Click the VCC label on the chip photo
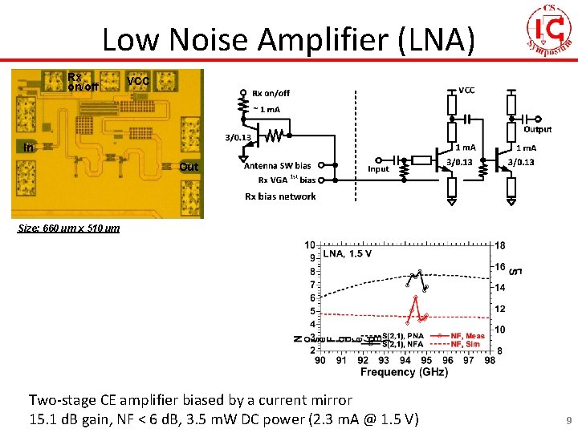pyautogui.click(x=138, y=82)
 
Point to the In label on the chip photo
pyautogui.click(x=29, y=148)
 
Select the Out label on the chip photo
pyautogui.click(x=189, y=167)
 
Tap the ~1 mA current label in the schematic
pyautogui.click(x=267, y=109)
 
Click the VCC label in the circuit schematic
pyautogui.click(x=466, y=91)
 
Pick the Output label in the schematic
pyautogui.click(x=538, y=129)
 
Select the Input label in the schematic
pyautogui.click(x=378, y=169)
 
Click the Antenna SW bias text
pyautogui.click(x=277, y=166)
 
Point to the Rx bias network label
pyautogui.click(x=280, y=196)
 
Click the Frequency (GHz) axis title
pyautogui.click(x=405, y=372)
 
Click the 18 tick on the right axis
pyautogui.click(x=500, y=245)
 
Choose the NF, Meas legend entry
pyautogui.click(x=467, y=336)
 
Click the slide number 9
pyautogui.click(x=568, y=419)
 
